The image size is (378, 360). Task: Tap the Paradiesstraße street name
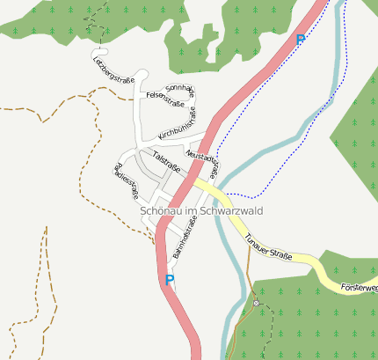click(x=127, y=184)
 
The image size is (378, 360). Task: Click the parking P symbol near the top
click(x=301, y=40)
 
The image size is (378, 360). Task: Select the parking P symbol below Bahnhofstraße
click(x=170, y=281)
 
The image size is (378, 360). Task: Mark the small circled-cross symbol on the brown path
click(x=256, y=303)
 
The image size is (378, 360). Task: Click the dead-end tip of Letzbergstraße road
click(x=93, y=56)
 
